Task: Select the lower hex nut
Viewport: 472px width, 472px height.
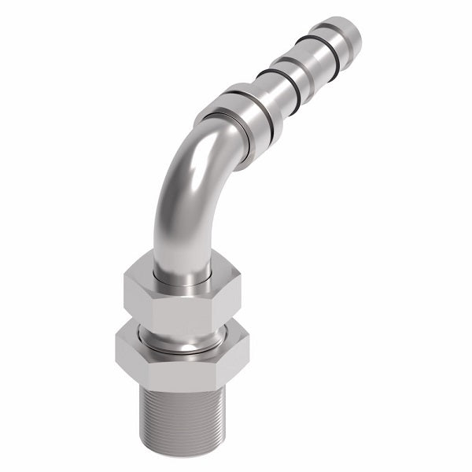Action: pyautogui.click(x=182, y=362)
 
